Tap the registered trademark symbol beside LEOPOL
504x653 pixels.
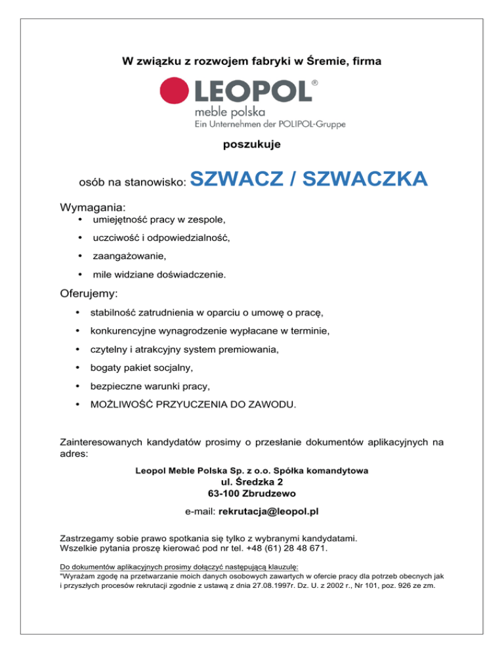(316, 83)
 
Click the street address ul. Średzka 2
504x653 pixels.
(251, 481)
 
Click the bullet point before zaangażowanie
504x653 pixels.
(79, 255)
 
